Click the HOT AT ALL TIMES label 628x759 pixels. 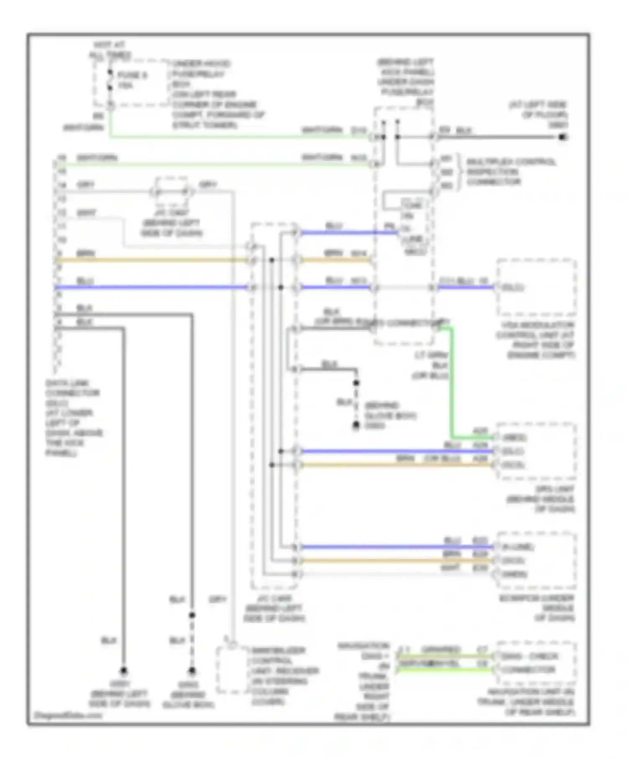110,50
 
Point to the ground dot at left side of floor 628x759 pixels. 563,137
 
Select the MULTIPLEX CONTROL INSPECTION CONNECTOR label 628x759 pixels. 511,172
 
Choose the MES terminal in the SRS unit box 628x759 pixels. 514,438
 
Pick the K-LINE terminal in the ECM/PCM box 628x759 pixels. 517,547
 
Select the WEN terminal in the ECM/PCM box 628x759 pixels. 514,574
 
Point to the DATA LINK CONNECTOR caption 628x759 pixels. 73,418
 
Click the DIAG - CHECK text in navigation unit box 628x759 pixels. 530,656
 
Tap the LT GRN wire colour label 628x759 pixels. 431,355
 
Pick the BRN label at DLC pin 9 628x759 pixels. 86,254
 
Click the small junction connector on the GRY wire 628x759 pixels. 172,192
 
